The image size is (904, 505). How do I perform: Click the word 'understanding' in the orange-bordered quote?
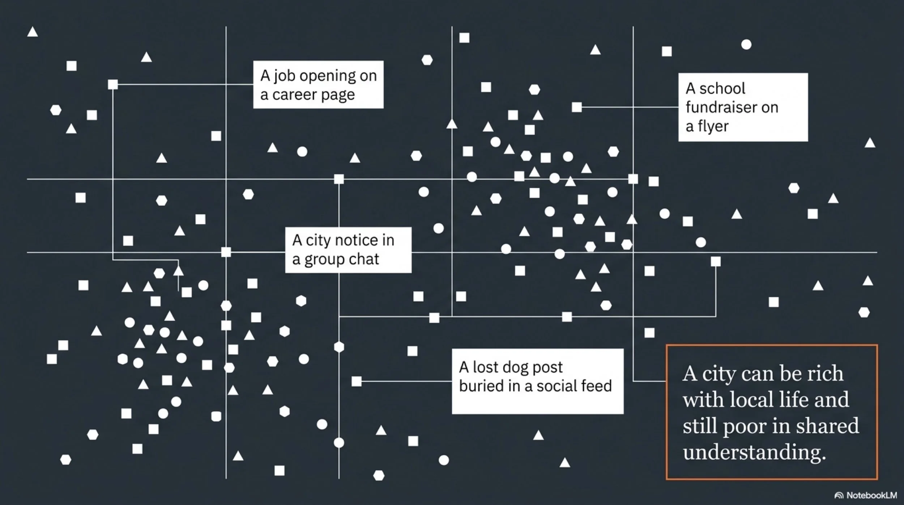point(754,452)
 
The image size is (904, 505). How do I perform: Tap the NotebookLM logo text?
point(871,495)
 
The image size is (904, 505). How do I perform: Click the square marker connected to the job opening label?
point(113,84)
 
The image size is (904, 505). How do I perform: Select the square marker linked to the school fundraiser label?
point(577,107)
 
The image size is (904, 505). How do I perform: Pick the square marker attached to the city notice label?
point(226,252)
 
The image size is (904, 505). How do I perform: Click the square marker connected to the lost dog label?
point(357,381)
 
